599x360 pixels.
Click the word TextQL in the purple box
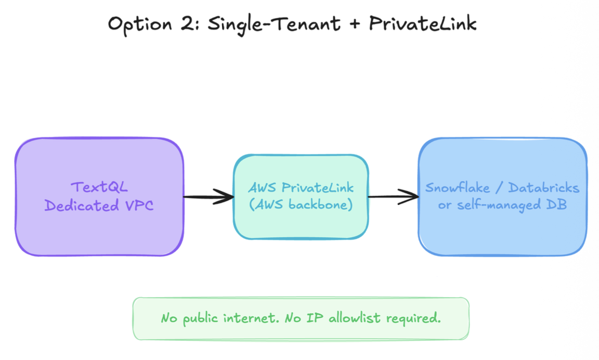point(99,187)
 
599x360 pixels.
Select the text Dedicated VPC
point(99,205)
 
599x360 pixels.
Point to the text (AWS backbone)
point(301,204)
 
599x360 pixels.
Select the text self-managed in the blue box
point(492,204)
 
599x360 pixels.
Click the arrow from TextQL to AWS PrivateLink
point(208,197)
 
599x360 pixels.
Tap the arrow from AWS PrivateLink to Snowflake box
point(393,197)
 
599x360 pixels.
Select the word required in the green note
point(416,318)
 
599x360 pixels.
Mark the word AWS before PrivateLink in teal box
point(263,188)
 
